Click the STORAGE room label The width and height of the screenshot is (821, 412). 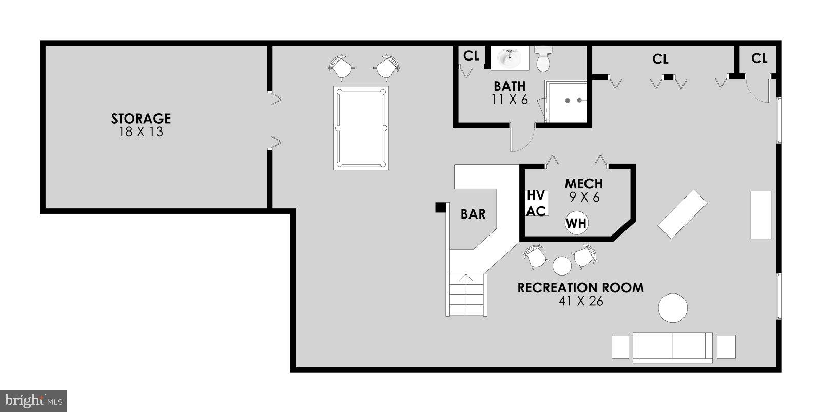click(141, 119)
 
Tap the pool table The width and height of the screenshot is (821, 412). click(361, 128)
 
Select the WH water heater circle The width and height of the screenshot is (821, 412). click(576, 223)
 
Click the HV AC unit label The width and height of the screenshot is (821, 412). click(536, 203)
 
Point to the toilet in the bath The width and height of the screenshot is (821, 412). click(543, 59)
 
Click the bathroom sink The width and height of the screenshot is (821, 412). click(510, 58)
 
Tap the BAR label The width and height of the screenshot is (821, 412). click(473, 214)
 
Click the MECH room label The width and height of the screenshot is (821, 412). click(583, 183)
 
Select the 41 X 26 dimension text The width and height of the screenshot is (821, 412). click(580, 301)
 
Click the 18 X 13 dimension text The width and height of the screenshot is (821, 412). click(141, 132)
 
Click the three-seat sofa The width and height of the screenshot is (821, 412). click(673, 347)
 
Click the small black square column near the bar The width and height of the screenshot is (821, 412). click(440, 207)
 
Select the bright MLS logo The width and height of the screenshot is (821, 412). click(33, 400)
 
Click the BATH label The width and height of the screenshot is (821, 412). click(510, 86)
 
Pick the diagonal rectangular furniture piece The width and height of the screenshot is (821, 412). click(682, 214)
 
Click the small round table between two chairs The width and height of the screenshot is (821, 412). click(562, 266)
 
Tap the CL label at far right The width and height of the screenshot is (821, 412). click(759, 58)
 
